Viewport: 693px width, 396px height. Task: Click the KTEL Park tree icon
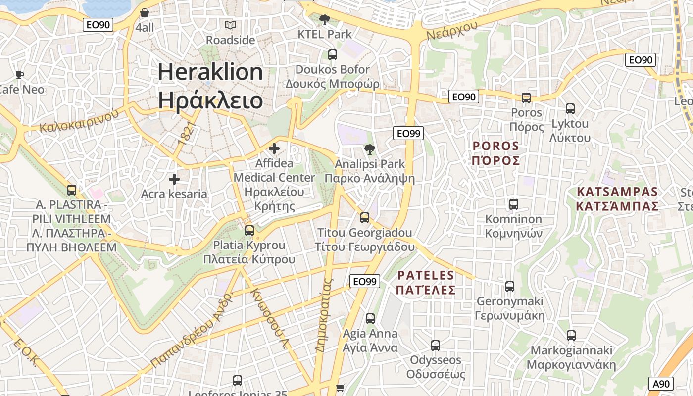click(325, 20)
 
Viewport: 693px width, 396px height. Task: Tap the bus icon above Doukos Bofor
click(332, 55)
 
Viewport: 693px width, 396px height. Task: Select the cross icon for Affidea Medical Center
click(274, 148)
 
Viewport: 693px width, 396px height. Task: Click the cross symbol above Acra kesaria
click(174, 179)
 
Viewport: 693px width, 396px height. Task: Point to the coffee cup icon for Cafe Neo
click(19, 75)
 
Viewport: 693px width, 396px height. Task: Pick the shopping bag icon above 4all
click(145, 13)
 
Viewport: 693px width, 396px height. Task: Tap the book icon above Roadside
click(230, 25)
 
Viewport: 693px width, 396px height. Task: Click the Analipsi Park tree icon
click(369, 149)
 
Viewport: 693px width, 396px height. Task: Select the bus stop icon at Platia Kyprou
click(249, 230)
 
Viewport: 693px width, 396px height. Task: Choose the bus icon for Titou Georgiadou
click(365, 218)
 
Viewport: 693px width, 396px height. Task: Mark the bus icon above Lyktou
click(570, 109)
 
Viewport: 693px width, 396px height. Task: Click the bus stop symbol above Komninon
click(513, 204)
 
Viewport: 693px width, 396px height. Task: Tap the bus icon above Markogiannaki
click(571, 336)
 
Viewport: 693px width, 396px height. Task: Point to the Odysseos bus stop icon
click(436, 346)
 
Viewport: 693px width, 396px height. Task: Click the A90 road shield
click(661, 384)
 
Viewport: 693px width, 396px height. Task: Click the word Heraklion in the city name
click(210, 72)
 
